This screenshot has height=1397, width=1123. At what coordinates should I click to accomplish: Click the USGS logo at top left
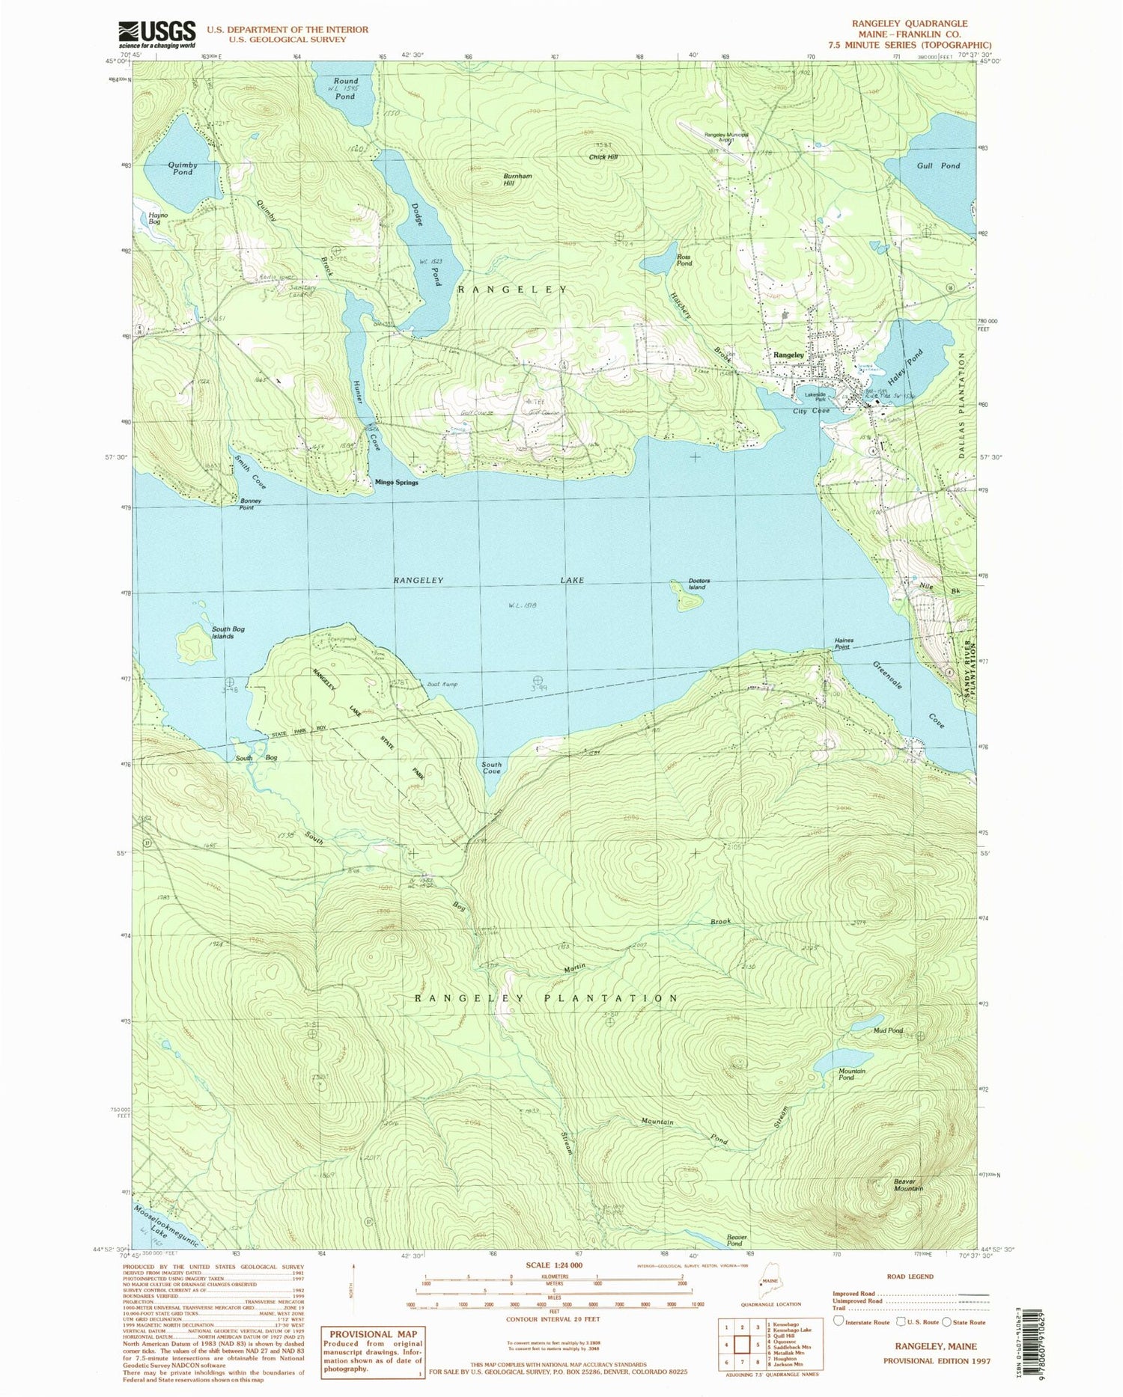[x=156, y=34]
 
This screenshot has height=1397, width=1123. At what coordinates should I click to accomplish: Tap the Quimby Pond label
[x=183, y=168]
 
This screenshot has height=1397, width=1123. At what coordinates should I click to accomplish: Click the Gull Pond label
[x=938, y=165]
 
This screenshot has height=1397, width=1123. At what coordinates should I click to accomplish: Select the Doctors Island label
[x=697, y=584]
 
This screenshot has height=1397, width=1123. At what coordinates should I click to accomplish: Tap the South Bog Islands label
[x=228, y=632]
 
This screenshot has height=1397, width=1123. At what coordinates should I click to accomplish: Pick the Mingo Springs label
[x=396, y=483]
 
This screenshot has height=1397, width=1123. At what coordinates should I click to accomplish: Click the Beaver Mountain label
[x=908, y=1184]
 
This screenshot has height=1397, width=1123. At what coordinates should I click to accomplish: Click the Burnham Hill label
[x=517, y=180]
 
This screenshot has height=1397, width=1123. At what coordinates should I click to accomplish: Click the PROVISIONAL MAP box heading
[x=371, y=1333]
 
